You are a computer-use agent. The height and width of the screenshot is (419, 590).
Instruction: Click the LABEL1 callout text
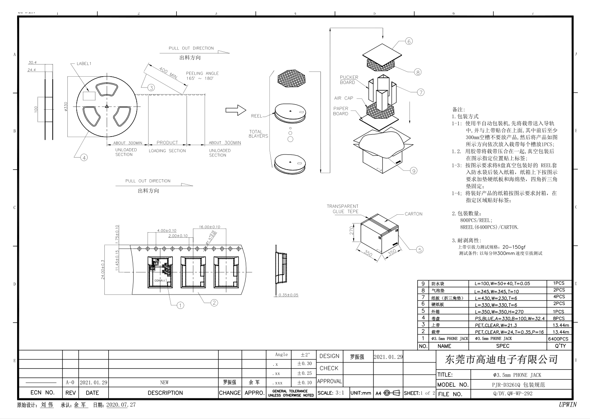(x=84, y=63)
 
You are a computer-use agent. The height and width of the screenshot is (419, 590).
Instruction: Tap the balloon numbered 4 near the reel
(x=84, y=158)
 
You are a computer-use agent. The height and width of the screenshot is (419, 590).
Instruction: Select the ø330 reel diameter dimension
(x=65, y=106)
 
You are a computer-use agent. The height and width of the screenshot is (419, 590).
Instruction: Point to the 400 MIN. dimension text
(x=168, y=73)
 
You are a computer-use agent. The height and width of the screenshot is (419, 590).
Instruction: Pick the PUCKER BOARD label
(x=349, y=80)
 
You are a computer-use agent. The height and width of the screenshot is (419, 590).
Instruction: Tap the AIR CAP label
(x=343, y=98)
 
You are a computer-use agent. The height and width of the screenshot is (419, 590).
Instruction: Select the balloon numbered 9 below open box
(x=414, y=170)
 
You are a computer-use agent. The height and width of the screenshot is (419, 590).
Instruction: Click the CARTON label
(x=413, y=214)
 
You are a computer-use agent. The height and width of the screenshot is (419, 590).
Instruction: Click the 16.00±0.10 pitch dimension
(x=210, y=227)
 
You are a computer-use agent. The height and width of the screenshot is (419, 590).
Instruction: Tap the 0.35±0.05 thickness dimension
(x=288, y=295)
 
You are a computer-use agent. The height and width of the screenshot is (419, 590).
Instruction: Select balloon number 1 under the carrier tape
(x=180, y=305)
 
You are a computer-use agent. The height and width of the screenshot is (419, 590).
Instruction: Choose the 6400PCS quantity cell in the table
(x=558, y=338)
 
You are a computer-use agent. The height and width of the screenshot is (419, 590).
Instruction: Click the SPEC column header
(x=503, y=346)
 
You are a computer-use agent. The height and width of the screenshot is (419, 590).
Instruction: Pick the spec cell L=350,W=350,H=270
(x=499, y=312)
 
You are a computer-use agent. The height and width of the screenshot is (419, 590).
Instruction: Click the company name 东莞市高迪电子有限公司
(x=502, y=359)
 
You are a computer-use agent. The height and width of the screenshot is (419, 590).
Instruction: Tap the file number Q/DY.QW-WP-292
(x=513, y=393)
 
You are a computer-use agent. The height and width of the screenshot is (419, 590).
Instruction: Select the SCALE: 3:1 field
(x=331, y=393)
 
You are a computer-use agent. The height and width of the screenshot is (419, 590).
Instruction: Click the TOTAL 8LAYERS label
(x=258, y=134)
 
